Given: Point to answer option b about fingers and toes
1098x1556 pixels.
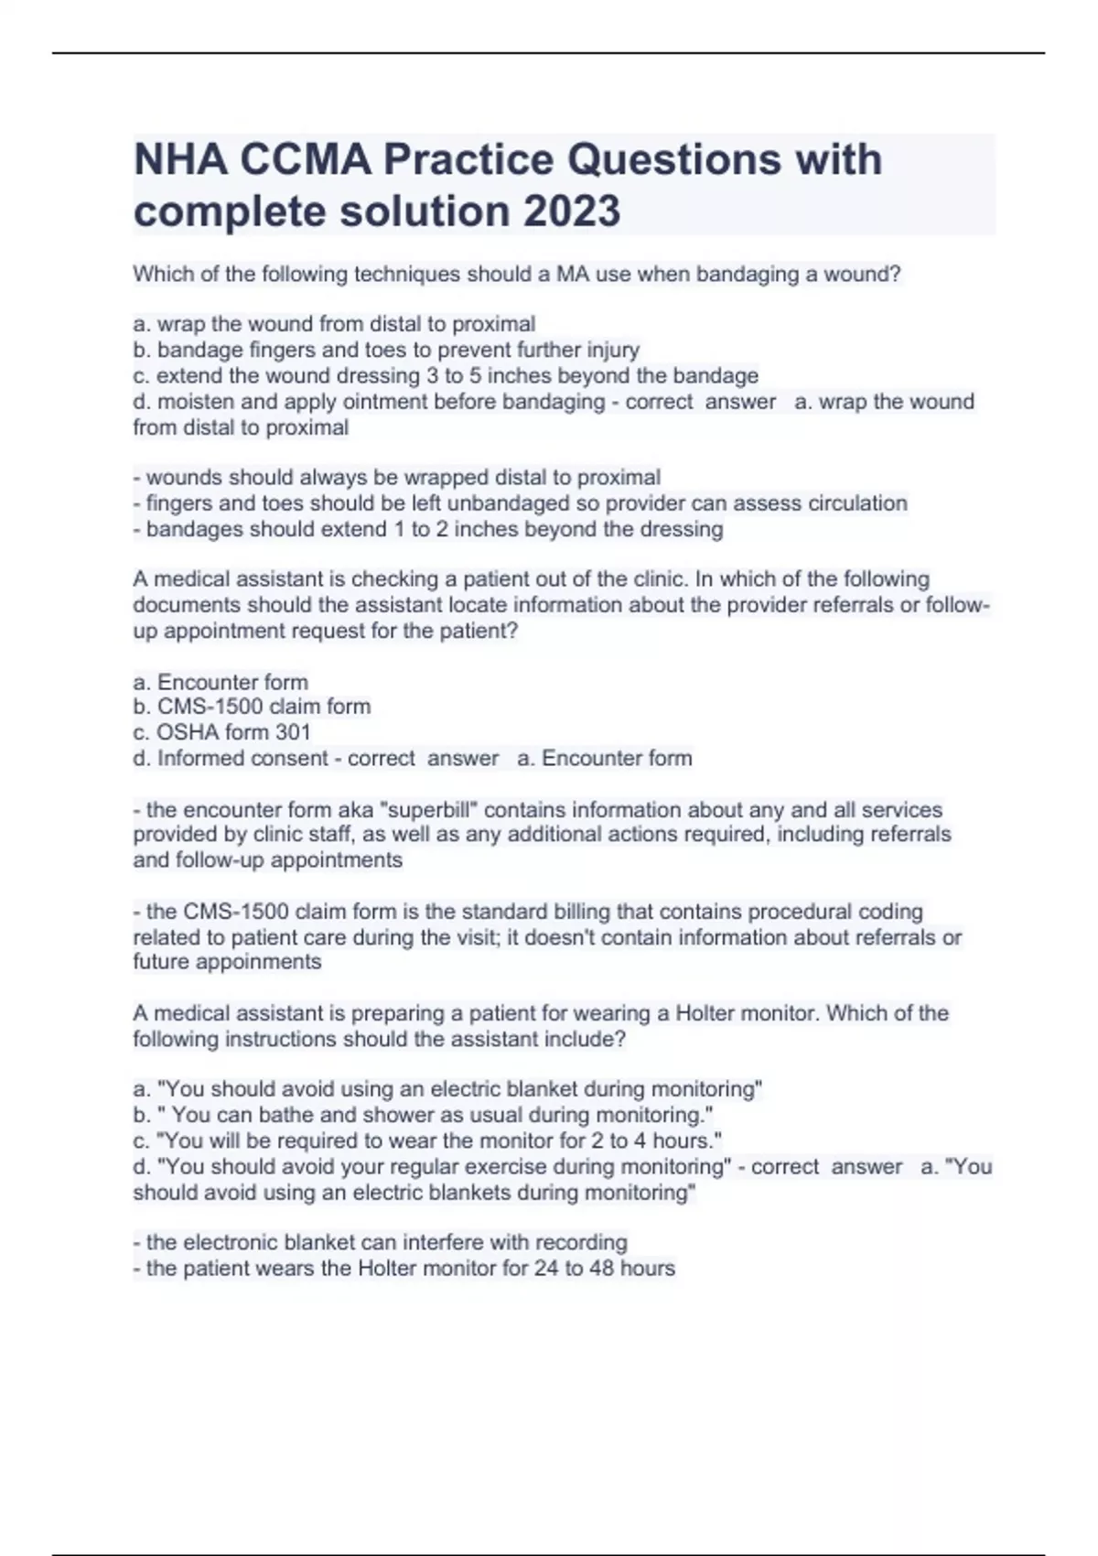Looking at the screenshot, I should point(398,350).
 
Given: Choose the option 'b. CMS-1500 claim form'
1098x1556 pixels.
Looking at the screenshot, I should point(252,707).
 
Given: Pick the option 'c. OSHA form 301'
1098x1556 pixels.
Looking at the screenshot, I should point(221,732).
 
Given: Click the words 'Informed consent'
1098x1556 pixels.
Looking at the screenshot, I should point(242,758).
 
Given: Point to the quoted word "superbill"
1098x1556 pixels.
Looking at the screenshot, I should point(436,809).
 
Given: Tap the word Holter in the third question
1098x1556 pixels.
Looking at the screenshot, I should point(705,1013).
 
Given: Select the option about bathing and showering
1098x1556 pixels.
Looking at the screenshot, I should point(423,1115).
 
